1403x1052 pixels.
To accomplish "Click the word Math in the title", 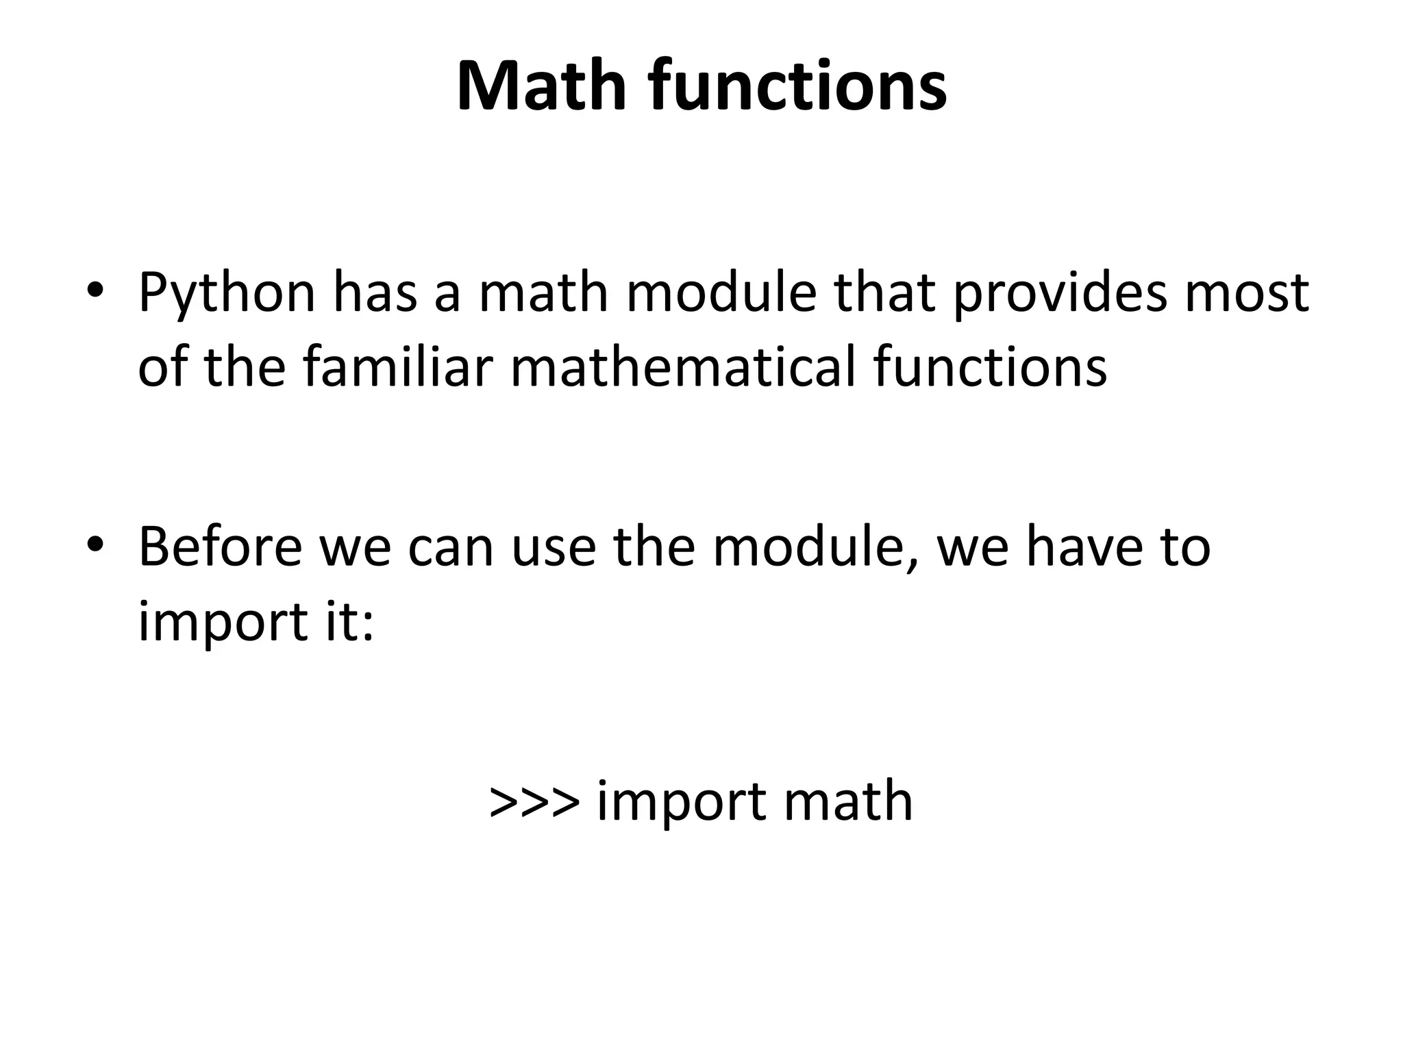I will (541, 87).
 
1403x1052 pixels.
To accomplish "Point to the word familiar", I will (397, 366).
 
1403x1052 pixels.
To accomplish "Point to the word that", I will (884, 292).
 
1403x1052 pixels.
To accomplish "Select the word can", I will (451, 548).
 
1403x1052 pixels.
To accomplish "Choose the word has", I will (375, 292).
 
